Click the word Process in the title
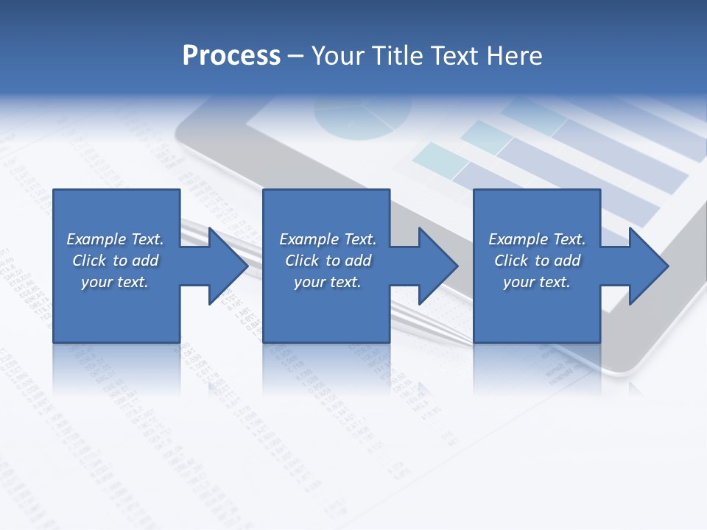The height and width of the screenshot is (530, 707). tap(231, 56)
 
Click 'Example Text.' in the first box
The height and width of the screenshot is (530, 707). tap(115, 239)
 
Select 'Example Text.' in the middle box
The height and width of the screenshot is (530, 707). tap(328, 239)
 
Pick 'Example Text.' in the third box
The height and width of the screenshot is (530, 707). tap(537, 239)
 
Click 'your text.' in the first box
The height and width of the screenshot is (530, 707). tap(115, 282)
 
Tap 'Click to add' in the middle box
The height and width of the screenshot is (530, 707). tap(328, 261)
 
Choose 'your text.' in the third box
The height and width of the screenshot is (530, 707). tap(537, 282)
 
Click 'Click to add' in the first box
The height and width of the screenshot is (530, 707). tap(115, 261)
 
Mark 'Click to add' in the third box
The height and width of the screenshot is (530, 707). tap(537, 261)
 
